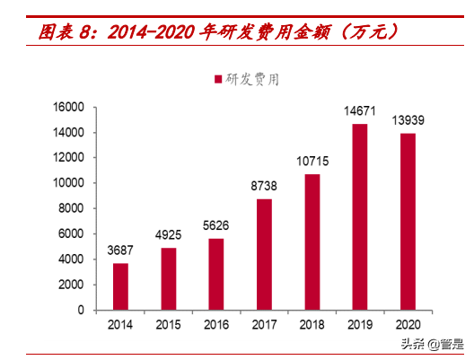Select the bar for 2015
168,278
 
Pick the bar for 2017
264,254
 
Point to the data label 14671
359,113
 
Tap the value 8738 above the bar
264,187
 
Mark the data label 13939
408,121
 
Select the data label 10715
312,162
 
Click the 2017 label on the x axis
264,323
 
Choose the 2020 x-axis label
408,323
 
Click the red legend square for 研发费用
217,80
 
